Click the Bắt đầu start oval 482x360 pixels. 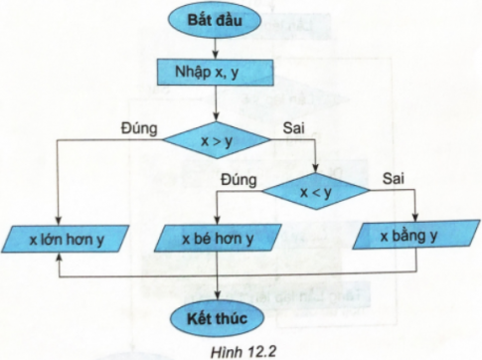point(217,20)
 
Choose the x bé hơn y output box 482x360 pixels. point(217,240)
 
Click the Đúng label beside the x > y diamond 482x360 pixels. point(140,129)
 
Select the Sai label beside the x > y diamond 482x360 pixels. point(295,129)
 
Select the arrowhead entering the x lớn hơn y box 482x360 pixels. point(58,221)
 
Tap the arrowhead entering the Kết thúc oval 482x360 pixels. point(217,295)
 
